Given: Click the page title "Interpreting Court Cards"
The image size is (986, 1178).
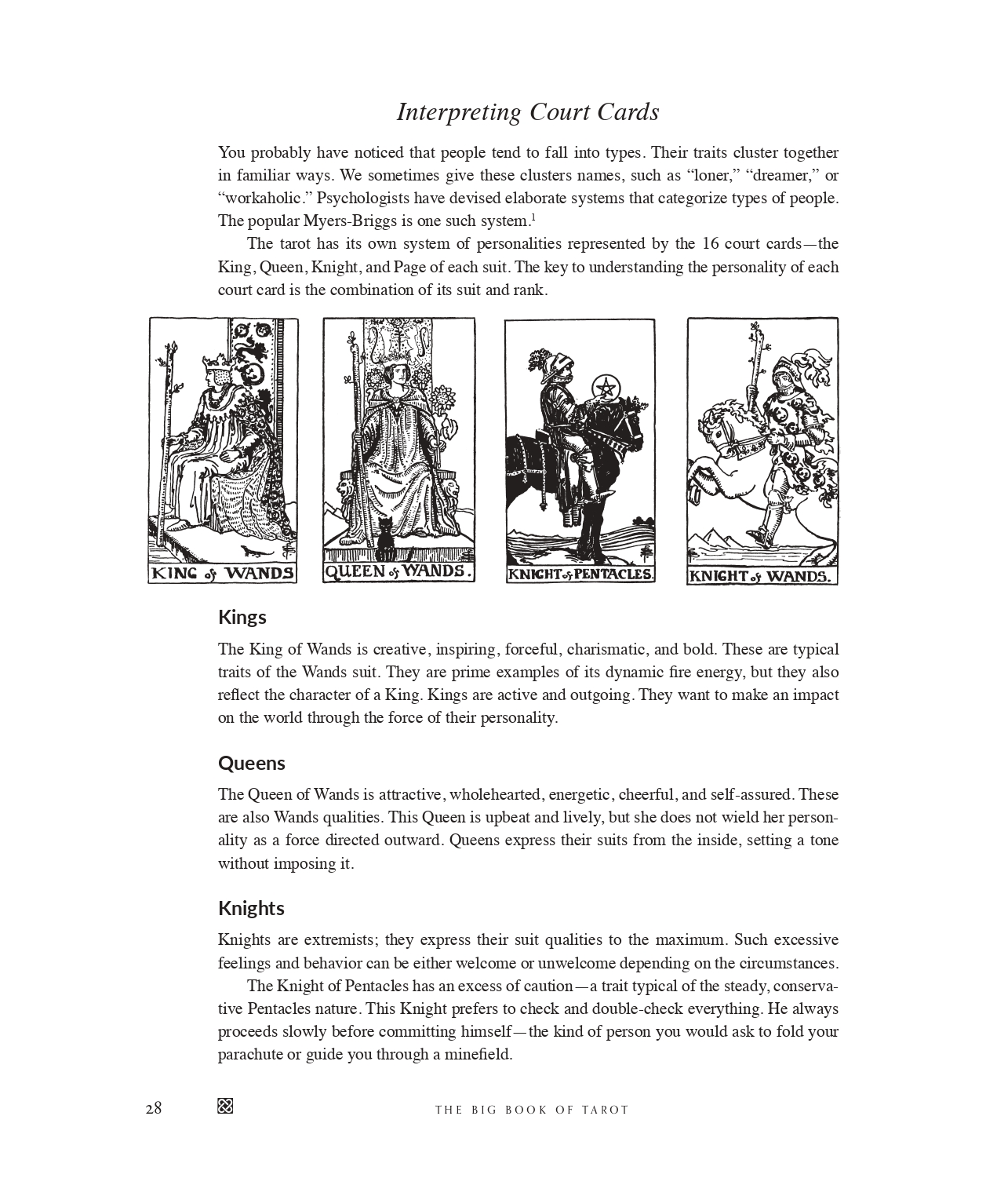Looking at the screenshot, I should coord(527,112).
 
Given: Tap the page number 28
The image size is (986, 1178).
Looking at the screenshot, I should coord(154,1108).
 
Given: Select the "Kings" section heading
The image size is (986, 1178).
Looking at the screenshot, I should coord(242,617).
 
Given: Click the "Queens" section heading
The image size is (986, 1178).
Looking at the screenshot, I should coord(252,763).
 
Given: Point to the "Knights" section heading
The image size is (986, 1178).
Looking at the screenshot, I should coord(251,908).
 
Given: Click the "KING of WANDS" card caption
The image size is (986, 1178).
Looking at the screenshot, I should coord(223,574).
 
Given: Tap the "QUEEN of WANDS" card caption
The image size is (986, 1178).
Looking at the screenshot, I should coord(398,571).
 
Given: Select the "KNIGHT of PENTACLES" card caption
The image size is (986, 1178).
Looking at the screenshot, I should coord(580,574).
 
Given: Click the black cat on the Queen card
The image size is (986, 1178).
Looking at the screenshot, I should coord(385,534).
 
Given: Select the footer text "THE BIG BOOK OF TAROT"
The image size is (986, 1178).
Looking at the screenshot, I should coord(532,1110).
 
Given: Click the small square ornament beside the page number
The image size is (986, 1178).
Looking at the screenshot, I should coord(225,1107).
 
